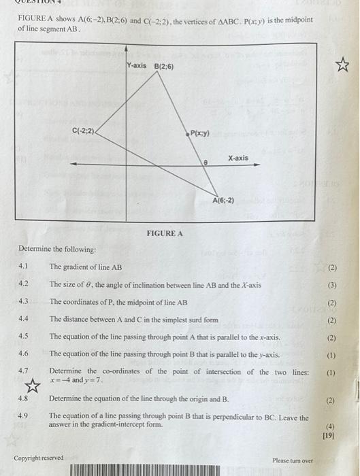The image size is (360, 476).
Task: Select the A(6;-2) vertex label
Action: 224,201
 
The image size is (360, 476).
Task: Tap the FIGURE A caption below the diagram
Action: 165,233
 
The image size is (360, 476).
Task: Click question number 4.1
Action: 23,267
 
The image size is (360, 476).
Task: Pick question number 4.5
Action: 23,337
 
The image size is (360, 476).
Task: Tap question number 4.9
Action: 23,415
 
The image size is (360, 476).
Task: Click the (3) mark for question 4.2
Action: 331,285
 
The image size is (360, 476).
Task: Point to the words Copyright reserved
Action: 38,458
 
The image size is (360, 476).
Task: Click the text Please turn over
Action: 293,460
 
